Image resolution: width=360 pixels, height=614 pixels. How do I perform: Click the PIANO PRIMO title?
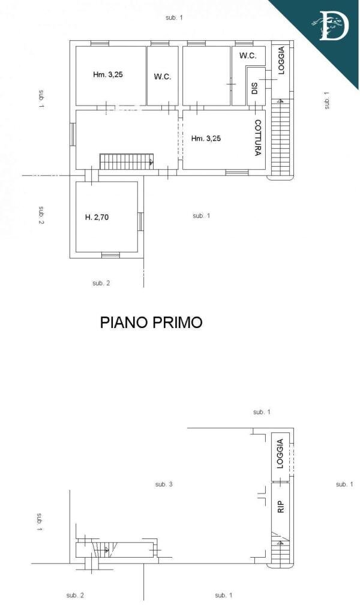click(151, 322)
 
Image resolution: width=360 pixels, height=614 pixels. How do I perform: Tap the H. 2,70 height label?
click(97, 217)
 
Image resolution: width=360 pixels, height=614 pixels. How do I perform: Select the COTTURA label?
click(257, 138)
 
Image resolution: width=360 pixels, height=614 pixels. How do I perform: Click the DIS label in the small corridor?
click(254, 89)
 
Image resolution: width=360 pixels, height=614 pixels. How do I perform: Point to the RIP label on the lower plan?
click(280, 507)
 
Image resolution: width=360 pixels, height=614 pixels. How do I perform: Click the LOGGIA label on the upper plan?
click(281, 61)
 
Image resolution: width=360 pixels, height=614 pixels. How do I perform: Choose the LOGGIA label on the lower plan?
click(280, 454)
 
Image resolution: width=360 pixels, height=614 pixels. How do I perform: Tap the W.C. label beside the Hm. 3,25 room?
click(162, 77)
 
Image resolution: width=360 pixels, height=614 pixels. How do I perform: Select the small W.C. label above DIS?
click(248, 56)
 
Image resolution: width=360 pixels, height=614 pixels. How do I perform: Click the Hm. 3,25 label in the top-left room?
click(108, 74)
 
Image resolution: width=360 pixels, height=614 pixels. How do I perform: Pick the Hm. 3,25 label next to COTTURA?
click(206, 139)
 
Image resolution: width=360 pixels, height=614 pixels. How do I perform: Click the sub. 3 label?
click(164, 484)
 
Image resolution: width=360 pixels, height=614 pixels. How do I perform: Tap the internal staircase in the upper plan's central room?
click(127, 162)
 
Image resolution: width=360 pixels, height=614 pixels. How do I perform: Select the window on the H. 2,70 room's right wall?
click(140, 221)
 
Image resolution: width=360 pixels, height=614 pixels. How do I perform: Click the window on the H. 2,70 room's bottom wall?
click(110, 255)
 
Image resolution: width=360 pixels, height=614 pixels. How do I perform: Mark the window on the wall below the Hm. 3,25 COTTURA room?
click(237, 172)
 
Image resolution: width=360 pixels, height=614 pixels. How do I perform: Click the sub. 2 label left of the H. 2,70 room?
click(41, 215)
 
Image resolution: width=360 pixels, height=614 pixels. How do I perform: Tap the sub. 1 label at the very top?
click(175, 17)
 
